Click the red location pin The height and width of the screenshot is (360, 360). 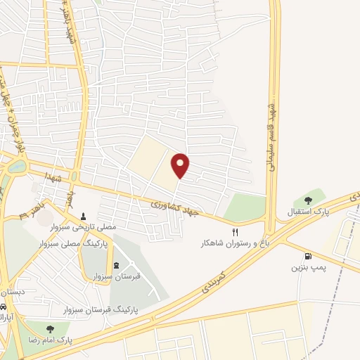pyautogui.click(x=181, y=165)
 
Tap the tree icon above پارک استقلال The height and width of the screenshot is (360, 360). pyautogui.click(x=308, y=200)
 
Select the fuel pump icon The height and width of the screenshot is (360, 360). pyautogui.click(x=308, y=257)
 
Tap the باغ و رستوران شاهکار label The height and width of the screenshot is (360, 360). pyautogui.click(x=224, y=242)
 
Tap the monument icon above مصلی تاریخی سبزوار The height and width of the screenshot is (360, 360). pyautogui.click(x=84, y=216)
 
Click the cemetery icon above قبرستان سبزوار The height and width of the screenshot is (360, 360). pyautogui.click(x=116, y=264)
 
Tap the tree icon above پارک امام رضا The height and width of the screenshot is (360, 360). pyautogui.click(x=49, y=327)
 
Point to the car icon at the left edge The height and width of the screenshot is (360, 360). pyautogui.click(x=4, y=307)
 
